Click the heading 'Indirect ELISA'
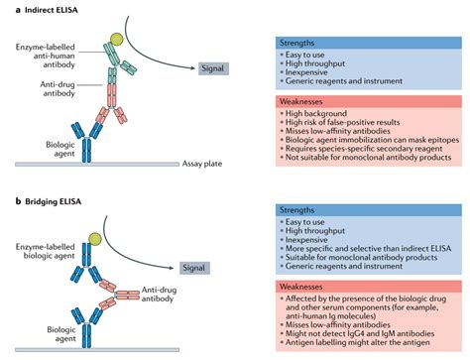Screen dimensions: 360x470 point(42,9)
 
